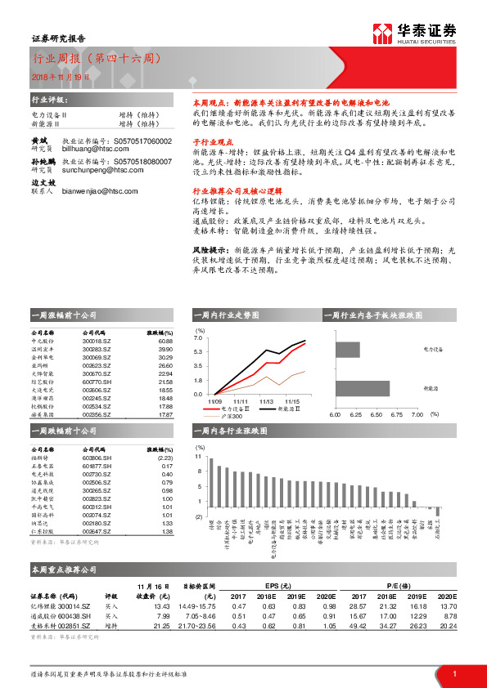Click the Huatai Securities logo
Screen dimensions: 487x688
[x=415, y=33]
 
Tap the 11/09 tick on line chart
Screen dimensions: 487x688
[x=215, y=401]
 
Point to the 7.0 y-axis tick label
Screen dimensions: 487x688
[x=199, y=337]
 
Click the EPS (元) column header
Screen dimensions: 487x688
[x=283, y=586]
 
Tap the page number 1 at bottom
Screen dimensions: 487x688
[x=453, y=673]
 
